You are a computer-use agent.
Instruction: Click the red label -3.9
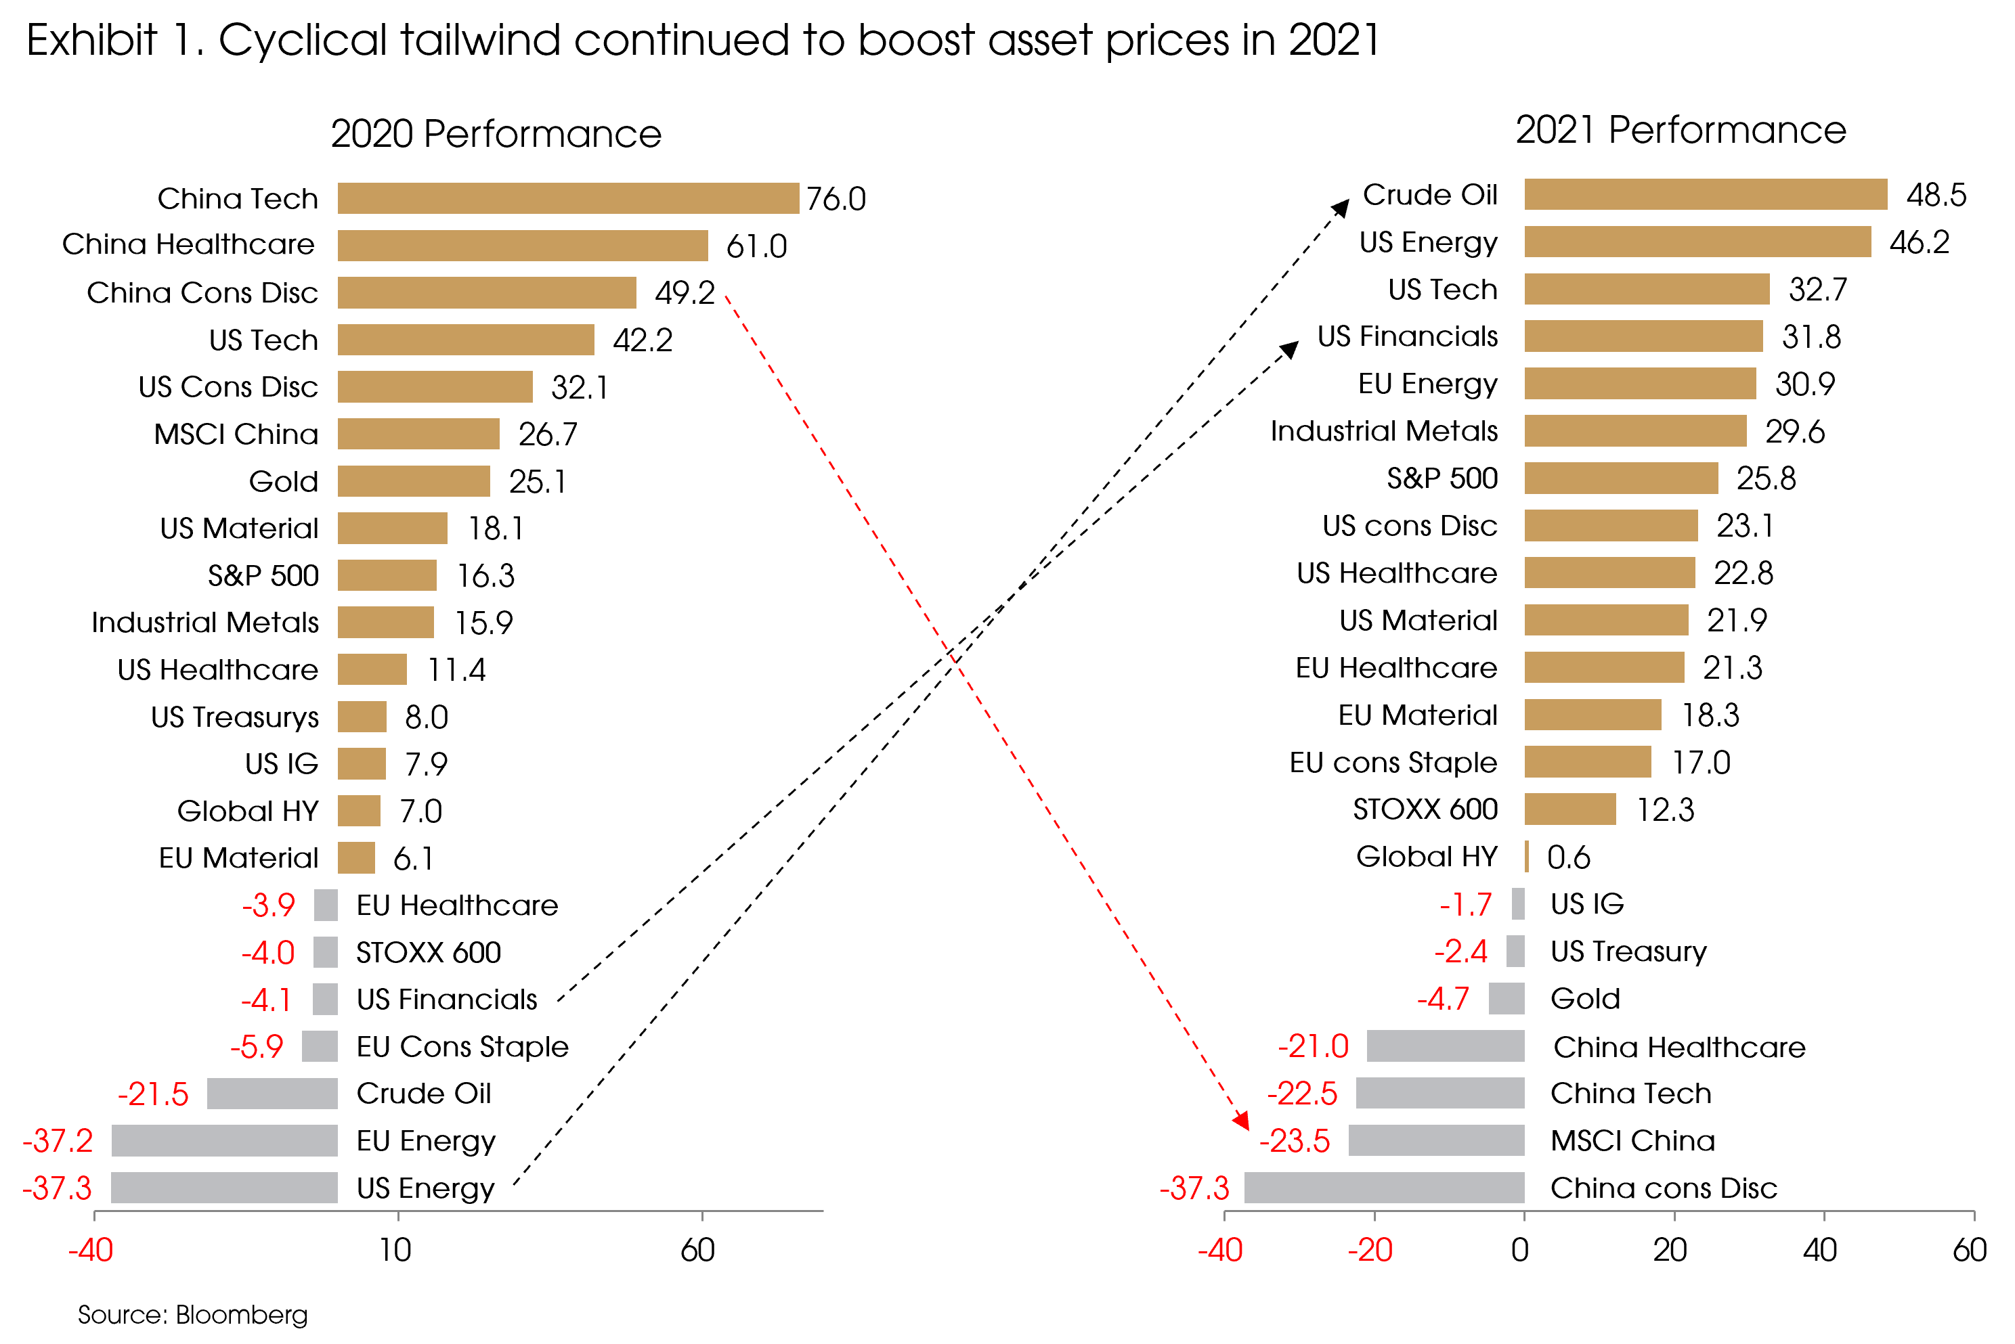[x=268, y=905]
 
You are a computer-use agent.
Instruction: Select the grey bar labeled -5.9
[x=320, y=1046]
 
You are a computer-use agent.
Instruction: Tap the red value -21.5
[x=152, y=1094]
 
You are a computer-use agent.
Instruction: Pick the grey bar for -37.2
[x=225, y=1141]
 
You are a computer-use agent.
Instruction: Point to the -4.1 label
[x=266, y=1000]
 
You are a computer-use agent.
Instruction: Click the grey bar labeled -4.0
[x=326, y=952]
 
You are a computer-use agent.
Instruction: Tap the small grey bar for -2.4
[x=1515, y=951]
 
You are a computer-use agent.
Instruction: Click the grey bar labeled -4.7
[x=1507, y=999]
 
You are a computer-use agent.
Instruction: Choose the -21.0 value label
[x=1314, y=1046]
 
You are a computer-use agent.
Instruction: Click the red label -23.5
[x=1295, y=1141]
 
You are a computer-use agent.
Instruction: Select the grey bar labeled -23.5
[x=1436, y=1140]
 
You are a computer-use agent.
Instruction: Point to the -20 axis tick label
[x=1370, y=1251]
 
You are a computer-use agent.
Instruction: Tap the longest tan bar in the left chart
[x=569, y=198]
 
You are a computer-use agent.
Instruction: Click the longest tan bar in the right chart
[x=1706, y=195]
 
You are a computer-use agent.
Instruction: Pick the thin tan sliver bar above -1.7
[x=1527, y=856]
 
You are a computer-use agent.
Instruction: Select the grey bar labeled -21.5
[x=273, y=1094]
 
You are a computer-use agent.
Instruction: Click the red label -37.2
[x=58, y=1141]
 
